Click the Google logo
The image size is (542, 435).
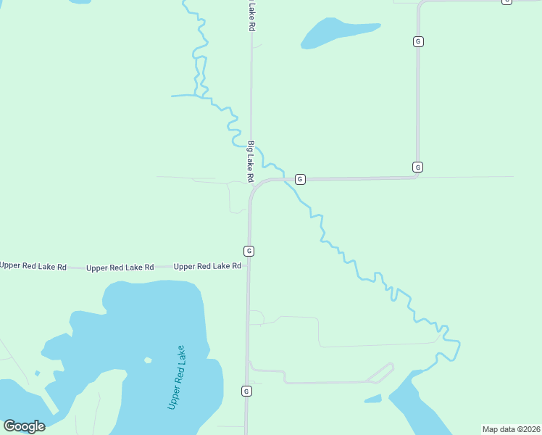click(25, 426)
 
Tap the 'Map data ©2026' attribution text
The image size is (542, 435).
click(511, 429)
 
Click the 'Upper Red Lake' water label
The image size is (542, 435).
click(177, 377)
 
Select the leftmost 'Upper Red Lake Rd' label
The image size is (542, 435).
click(33, 266)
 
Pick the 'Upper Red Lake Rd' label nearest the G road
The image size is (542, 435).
click(207, 266)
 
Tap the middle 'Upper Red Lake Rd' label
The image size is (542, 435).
click(120, 268)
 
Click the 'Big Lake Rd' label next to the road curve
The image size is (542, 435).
click(251, 161)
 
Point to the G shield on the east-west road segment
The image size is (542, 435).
click(300, 179)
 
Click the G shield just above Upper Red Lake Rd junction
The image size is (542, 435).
click(249, 251)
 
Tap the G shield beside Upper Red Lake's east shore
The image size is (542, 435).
click(246, 391)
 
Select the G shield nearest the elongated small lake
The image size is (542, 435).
click(418, 41)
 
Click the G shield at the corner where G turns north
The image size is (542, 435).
click(417, 167)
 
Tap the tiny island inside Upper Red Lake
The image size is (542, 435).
click(148, 360)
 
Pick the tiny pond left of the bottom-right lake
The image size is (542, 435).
click(373, 399)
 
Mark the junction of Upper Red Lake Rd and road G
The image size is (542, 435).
click(248, 266)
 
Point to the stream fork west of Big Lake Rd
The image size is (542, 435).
click(196, 95)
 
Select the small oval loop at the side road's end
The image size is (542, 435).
click(380, 373)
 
